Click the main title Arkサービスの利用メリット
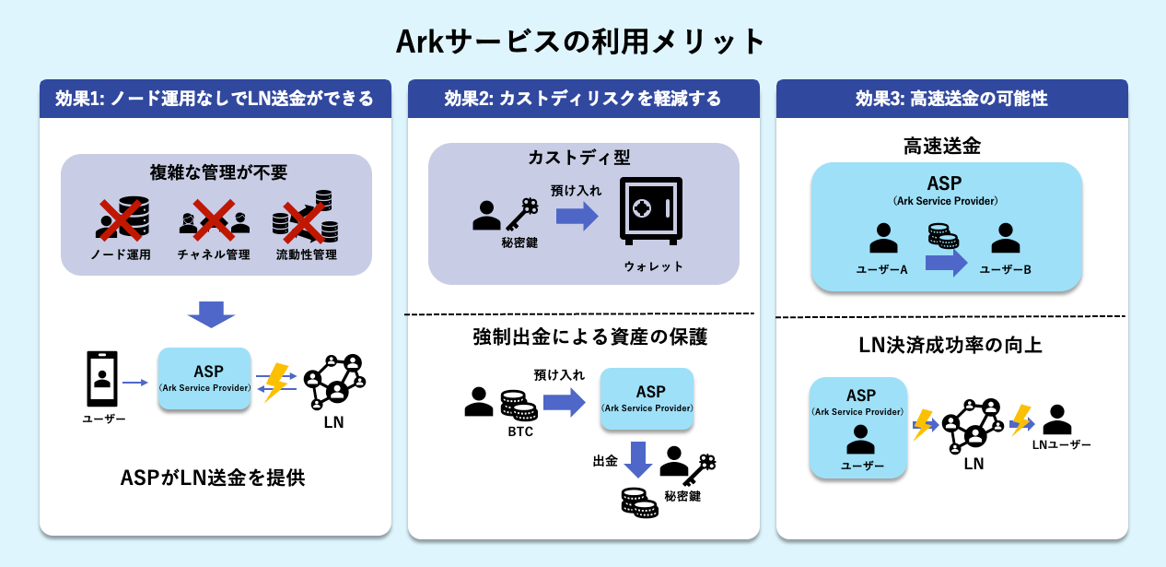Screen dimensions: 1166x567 point(580,41)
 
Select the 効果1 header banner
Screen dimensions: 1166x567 point(215,99)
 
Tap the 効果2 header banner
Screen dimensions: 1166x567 point(584,99)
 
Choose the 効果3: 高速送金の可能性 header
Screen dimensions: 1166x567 point(951,99)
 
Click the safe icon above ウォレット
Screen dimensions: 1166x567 point(650,210)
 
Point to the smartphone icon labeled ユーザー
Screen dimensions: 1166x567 point(102,379)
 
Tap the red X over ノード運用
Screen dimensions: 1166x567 point(122,220)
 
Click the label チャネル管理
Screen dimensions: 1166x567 point(214,254)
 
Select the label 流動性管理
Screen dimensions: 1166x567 point(306,254)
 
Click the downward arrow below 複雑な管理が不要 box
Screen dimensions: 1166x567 point(211,313)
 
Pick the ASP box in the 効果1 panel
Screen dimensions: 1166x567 point(204,378)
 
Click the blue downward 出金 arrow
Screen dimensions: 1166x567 point(637,459)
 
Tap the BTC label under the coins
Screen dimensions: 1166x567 point(520,431)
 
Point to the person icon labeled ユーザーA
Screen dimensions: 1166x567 point(883,238)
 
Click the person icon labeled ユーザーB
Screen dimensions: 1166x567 point(1005,238)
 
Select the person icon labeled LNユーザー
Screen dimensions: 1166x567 point(1057,419)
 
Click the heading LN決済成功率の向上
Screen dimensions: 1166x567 point(950,345)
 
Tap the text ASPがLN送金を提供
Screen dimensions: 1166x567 point(213,478)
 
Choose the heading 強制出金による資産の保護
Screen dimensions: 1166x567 point(590,337)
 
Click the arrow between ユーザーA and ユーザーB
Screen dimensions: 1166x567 point(946,263)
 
